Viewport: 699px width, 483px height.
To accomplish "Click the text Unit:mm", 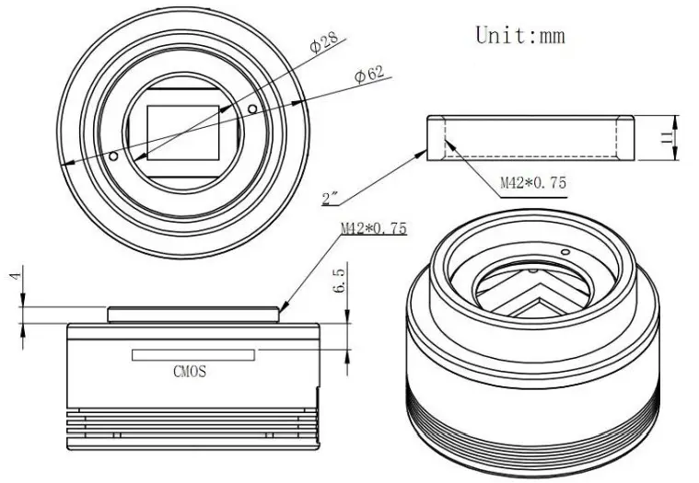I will [x=519, y=35].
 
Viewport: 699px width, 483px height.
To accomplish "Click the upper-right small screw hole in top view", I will [x=252, y=111].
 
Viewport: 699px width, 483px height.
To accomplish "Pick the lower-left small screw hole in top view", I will [x=112, y=157].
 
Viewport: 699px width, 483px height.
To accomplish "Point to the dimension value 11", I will [x=665, y=137].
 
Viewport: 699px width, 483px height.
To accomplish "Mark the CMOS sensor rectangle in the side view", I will [x=193, y=354].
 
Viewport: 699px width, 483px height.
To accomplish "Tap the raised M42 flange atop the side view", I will [x=193, y=314].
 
